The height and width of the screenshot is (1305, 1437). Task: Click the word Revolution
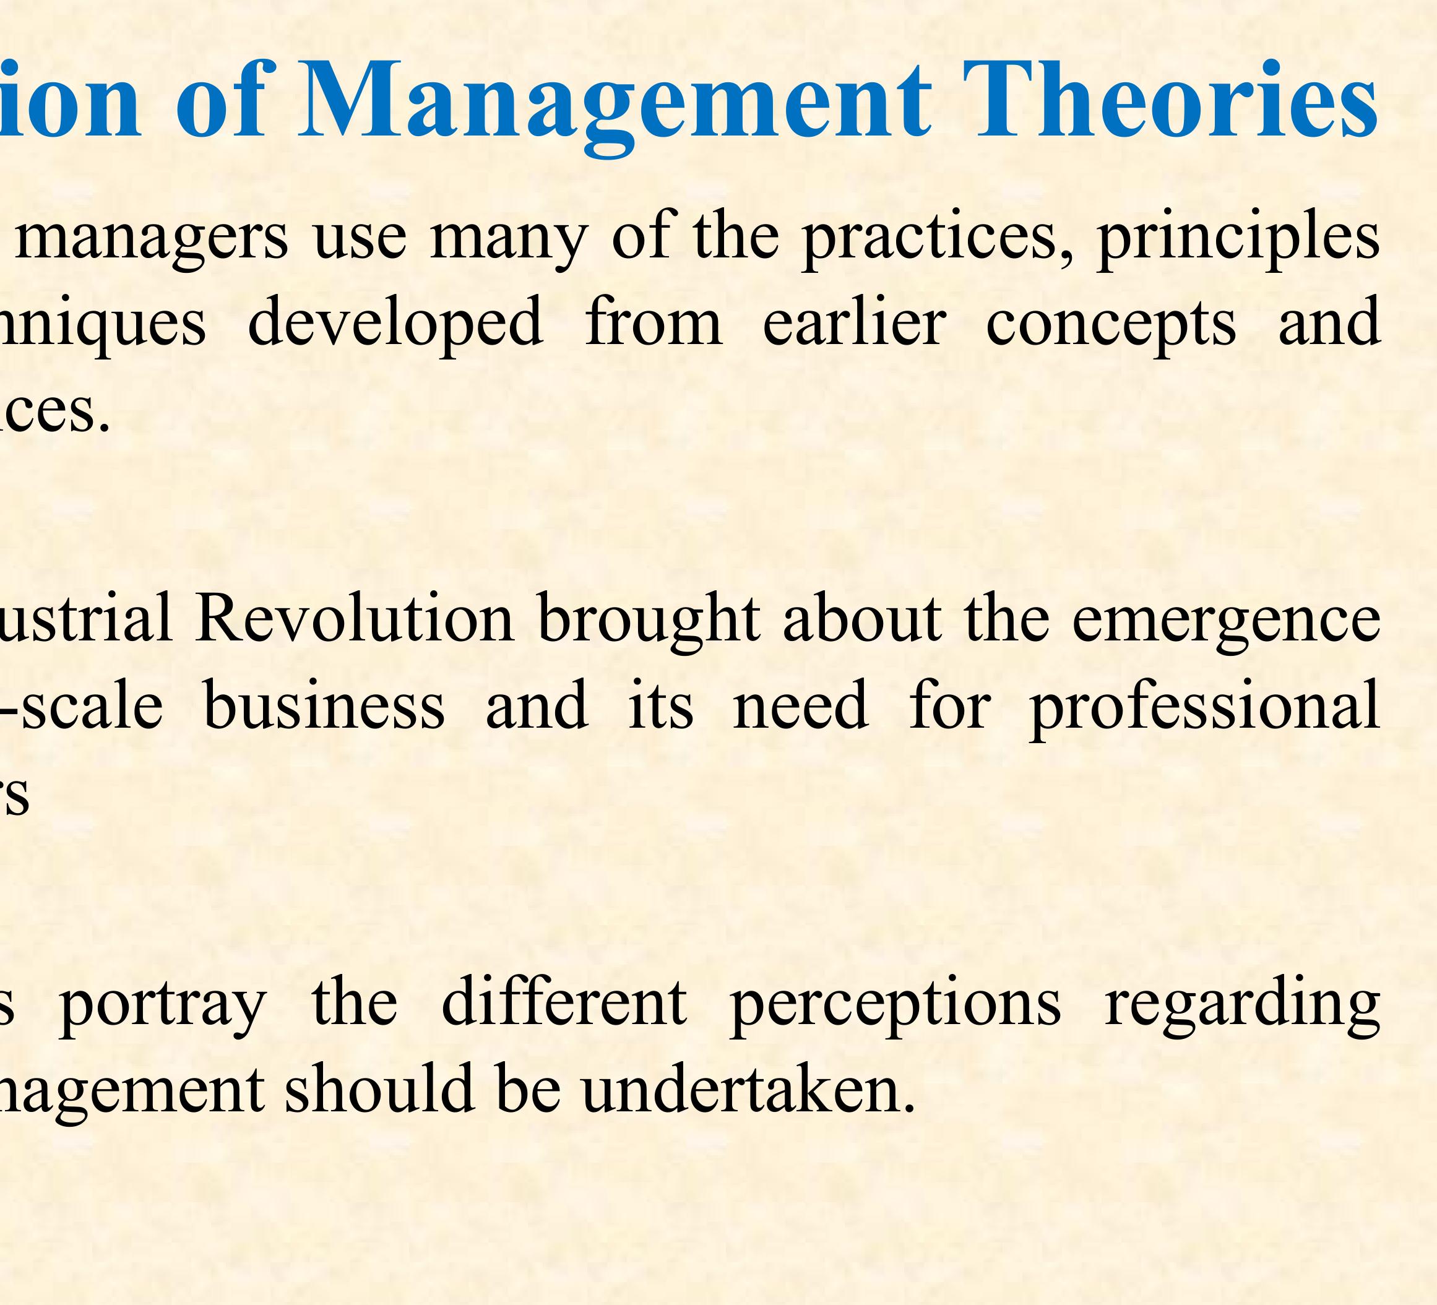pos(354,619)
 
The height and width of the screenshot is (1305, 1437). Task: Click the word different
pos(564,1002)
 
